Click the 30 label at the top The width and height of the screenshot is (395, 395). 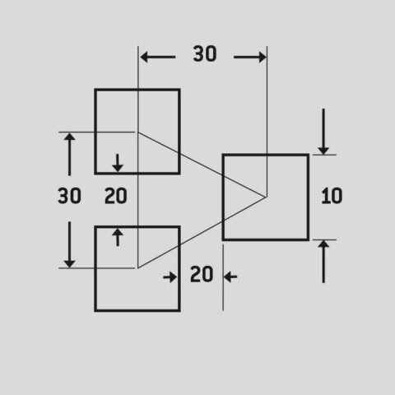(x=205, y=53)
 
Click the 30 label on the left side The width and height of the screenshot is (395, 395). (x=69, y=196)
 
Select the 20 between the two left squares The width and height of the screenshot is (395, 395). (x=116, y=196)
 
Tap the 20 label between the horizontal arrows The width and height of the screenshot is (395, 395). (x=202, y=274)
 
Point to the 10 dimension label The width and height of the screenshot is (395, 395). (x=332, y=196)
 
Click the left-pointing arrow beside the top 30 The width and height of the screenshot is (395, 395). (x=158, y=57)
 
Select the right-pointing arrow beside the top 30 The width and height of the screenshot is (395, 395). (x=250, y=57)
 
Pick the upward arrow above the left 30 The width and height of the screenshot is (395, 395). (x=70, y=155)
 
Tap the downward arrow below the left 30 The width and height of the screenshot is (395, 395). (x=70, y=244)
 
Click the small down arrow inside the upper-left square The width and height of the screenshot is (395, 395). (x=118, y=163)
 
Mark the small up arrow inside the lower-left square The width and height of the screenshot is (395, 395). (x=118, y=237)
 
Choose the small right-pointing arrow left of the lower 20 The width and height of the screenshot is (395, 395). (x=170, y=277)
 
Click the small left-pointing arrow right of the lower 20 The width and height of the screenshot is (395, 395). (x=230, y=277)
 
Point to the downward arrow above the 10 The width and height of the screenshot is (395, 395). (x=323, y=132)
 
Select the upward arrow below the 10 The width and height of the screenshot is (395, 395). (x=323, y=262)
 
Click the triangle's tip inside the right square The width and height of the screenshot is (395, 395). (x=266, y=197)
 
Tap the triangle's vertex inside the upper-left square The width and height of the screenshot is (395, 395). (x=138, y=132)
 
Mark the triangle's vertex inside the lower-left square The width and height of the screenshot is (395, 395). (x=138, y=267)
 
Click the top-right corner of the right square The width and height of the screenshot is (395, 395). (x=309, y=155)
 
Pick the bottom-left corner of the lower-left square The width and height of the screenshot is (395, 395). (x=95, y=311)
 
